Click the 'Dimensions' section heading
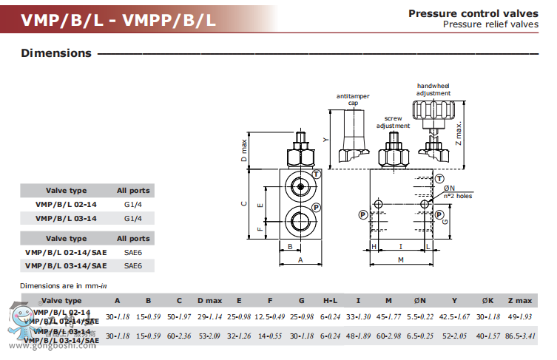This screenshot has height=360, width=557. point(56,53)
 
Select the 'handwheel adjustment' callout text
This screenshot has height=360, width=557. point(433,90)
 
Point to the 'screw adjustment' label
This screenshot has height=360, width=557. point(392,122)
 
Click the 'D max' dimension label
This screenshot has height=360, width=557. point(245,151)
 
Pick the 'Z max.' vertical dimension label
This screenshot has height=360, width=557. point(459,134)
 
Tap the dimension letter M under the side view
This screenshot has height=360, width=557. point(400,260)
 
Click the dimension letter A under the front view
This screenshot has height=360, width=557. point(300,260)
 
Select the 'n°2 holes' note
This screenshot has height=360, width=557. point(458,196)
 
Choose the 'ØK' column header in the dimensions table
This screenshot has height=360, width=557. point(487,300)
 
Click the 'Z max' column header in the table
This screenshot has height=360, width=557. point(520,300)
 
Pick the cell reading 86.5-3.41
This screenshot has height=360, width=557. point(520,336)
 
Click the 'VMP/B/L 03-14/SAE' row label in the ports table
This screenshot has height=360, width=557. point(66,265)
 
